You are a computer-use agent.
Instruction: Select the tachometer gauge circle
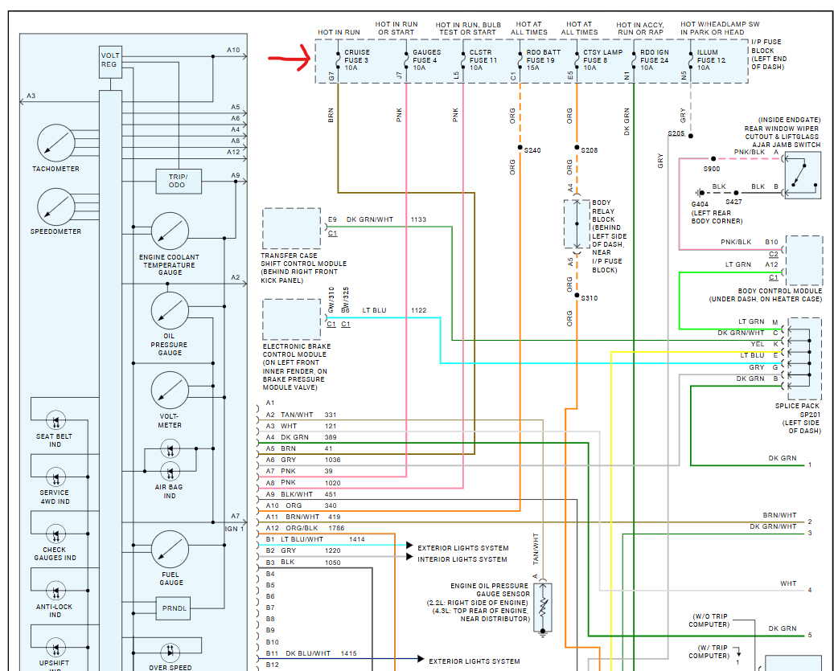55,144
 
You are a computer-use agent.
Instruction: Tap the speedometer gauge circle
55,207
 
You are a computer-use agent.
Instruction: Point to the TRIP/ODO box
178,182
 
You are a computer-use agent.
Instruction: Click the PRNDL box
175,608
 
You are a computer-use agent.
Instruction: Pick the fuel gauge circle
170,550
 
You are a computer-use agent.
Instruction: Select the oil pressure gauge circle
170,312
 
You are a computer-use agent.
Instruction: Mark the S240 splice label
532,150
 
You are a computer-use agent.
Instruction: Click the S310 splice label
589,298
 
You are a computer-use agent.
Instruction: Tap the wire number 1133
418,219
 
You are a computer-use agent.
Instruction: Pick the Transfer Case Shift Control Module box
291,229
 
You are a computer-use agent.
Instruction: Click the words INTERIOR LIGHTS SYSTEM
462,559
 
